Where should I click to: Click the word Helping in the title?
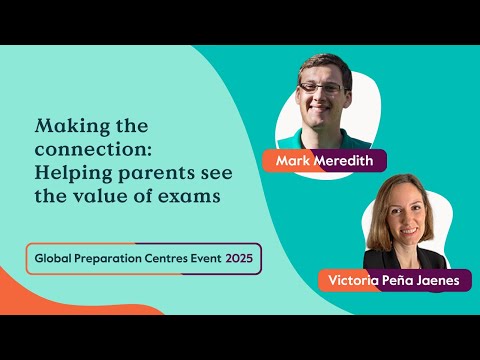pos(71,172)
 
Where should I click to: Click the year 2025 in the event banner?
pos(239,258)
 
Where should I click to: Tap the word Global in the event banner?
pos(54,258)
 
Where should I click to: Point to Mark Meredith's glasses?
pos(322,89)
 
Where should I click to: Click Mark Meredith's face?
pos(322,95)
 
